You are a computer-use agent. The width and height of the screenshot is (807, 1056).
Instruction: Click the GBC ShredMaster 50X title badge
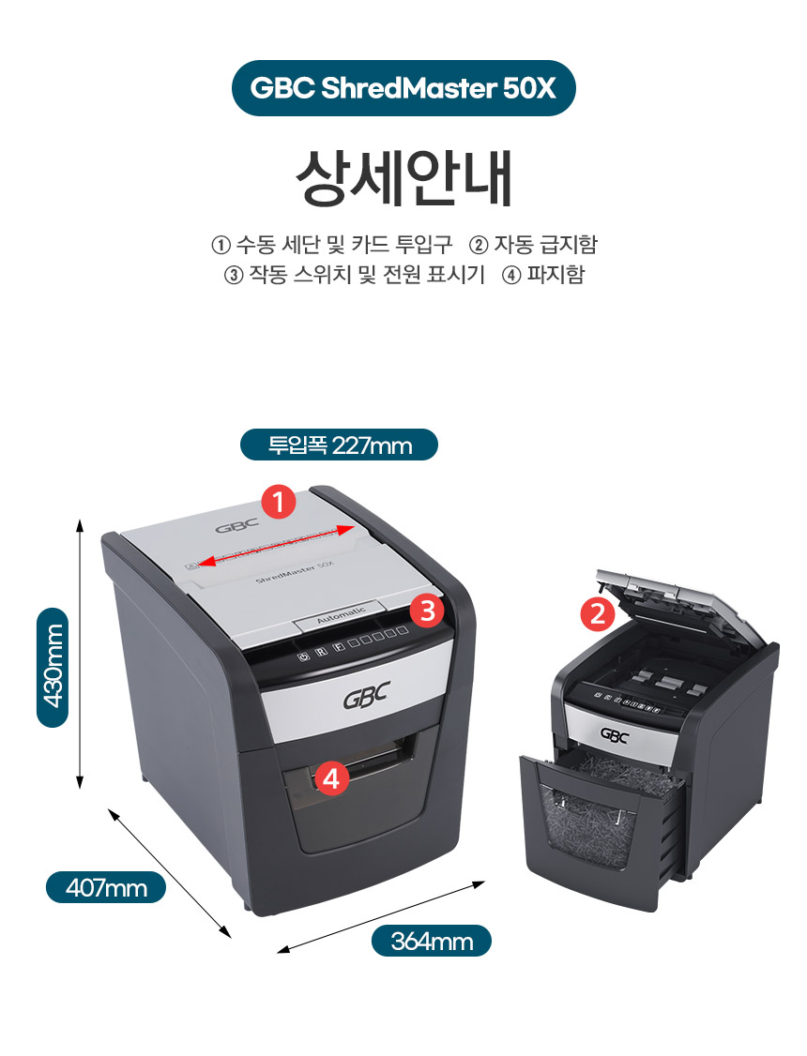click(403, 88)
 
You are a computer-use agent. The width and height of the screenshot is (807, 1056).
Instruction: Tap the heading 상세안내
click(403, 178)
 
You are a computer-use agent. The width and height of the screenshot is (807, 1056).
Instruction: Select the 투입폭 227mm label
click(339, 445)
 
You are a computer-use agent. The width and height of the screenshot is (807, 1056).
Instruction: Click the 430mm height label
click(53, 667)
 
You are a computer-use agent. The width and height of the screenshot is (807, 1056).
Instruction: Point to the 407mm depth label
click(106, 887)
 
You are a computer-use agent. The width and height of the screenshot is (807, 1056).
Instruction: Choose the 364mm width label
click(431, 940)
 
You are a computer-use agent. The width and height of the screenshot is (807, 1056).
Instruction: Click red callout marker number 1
click(279, 502)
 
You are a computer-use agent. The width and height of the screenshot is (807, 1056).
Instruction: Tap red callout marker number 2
click(598, 613)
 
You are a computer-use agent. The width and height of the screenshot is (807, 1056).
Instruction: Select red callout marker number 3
click(428, 611)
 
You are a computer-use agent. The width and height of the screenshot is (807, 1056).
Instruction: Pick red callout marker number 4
click(330, 777)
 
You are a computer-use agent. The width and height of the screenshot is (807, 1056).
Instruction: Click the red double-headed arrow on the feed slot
click(276, 546)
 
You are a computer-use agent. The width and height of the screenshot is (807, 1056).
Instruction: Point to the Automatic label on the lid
click(341, 615)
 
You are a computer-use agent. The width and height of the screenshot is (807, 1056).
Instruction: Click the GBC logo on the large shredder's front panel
click(367, 696)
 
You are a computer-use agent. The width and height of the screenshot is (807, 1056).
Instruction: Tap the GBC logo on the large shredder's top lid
click(237, 525)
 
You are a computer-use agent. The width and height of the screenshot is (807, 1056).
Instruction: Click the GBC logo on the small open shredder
click(614, 735)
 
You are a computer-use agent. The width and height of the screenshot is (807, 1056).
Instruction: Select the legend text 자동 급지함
click(545, 245)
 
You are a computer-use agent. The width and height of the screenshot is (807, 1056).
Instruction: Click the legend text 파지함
click(556, 275)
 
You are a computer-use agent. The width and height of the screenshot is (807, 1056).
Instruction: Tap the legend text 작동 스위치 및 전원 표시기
click(367, 275)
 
